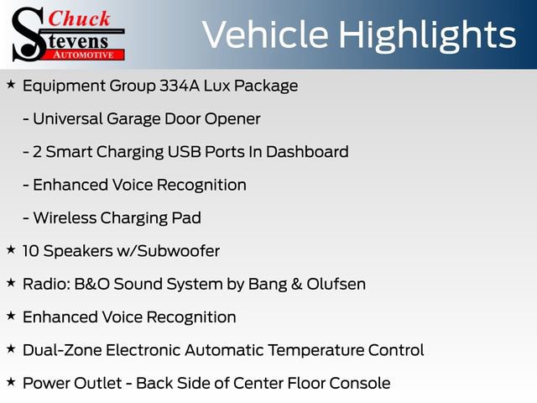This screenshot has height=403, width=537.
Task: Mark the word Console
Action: pos(360,383)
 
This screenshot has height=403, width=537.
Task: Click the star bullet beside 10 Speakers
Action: pos(11,249)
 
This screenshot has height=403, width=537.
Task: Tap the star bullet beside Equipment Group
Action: pos(11,84)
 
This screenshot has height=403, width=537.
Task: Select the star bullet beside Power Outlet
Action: pos(11,381)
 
